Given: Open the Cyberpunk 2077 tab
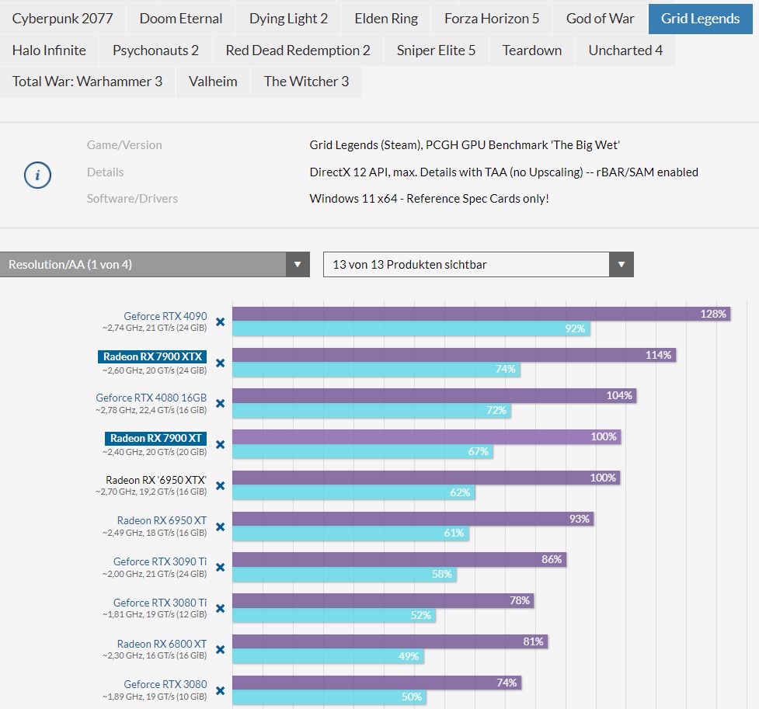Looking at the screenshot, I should point(62,19).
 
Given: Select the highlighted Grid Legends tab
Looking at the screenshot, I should point(700,19).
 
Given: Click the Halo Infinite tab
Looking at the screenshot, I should point(49,50).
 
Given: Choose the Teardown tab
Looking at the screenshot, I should point(531,50).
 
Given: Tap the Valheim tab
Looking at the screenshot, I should point(213,82).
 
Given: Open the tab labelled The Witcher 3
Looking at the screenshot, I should point(306,82).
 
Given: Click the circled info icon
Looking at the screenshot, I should point(37,176).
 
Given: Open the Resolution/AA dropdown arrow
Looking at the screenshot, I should point(297,265).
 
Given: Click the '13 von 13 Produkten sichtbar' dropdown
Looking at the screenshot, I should point(478,265).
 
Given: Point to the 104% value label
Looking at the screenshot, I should point(619,396).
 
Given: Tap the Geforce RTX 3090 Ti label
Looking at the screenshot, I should point(160,561).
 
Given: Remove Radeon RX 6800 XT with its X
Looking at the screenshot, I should point(220,650).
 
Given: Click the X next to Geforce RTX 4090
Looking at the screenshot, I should point(220,321).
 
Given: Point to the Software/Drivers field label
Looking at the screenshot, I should point(132,199).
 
